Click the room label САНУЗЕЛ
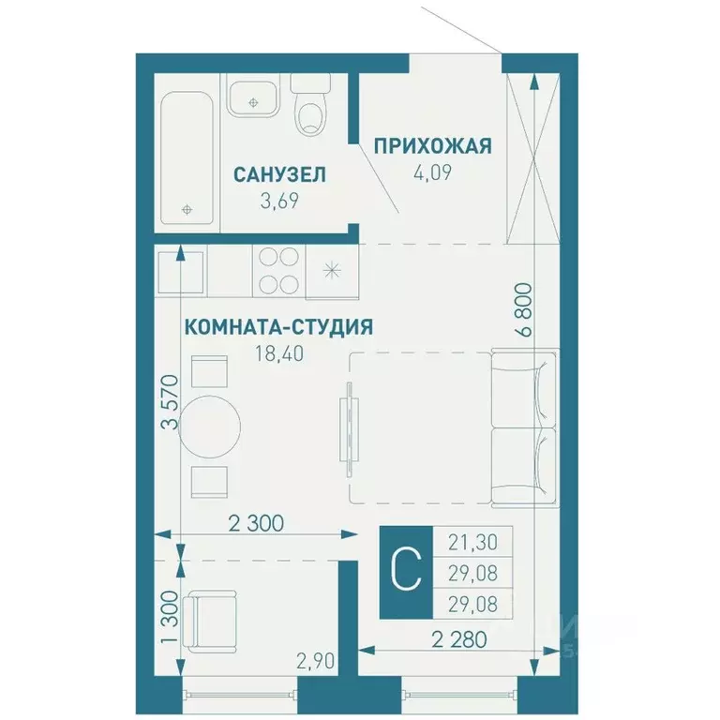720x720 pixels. coord(279,173)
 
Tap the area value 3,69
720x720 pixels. coord(279,200)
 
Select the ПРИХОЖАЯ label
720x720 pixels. coord(432,145)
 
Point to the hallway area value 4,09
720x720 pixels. coord(432,172)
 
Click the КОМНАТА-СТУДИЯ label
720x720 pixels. coord(278,327)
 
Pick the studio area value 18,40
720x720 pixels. coord(278,353)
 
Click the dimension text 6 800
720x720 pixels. coord(523,309)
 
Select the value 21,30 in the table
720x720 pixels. coord(473,541)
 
